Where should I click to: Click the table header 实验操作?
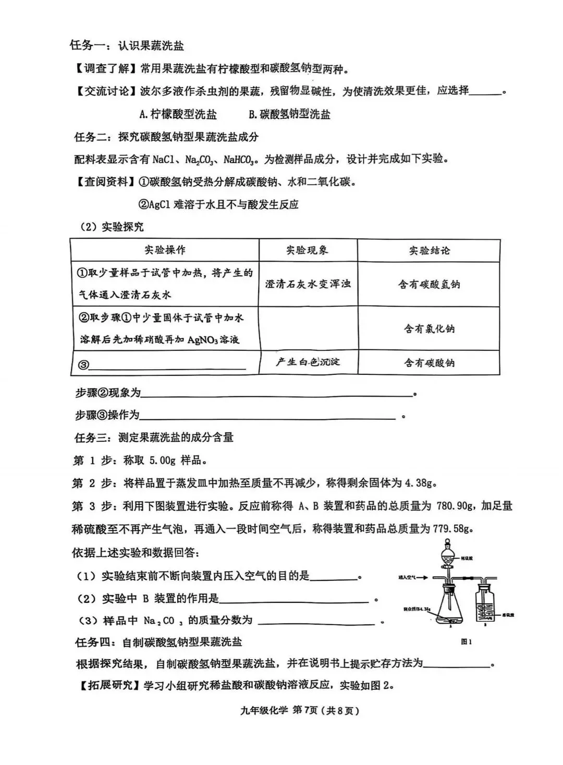pos(165,250)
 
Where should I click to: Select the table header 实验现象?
pos(307,250)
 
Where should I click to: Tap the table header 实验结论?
pos(429,250)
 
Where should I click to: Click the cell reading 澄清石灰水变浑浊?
pos(308,284)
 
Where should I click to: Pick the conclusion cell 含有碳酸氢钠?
pos(429,285)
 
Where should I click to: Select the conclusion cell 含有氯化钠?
pos(429,329)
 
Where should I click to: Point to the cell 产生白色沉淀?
pos(308,362)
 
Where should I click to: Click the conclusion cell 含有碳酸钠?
pos(429,362)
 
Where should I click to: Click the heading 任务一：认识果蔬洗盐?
pos(127,45)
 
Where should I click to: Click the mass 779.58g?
pos(453,528)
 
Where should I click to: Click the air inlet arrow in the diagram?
pos(422,578)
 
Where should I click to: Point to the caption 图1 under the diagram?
pos(467,642)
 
